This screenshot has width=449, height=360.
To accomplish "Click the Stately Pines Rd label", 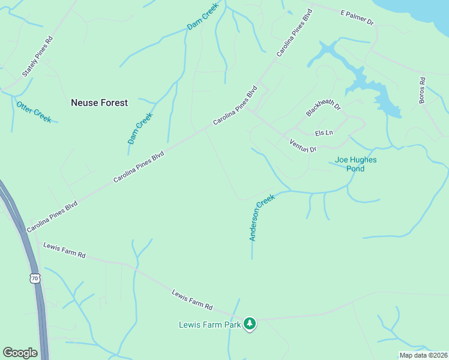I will coord(37,56).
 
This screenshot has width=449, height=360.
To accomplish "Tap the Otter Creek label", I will coord(34,112).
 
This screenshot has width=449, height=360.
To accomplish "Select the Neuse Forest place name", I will coord(99,103).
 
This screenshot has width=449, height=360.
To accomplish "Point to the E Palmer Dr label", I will coord(357,17).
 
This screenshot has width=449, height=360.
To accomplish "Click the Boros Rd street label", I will coord(422,91).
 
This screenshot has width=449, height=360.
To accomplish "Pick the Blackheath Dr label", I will coord(323,107).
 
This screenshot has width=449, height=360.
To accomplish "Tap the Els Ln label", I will coord(324,133).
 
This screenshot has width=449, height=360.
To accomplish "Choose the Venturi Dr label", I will coord(303,145).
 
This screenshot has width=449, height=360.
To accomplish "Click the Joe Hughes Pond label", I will coord(355,164).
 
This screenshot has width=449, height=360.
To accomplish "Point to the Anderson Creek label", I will coord(262,217).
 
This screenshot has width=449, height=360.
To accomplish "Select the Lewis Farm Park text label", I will coord(209,325).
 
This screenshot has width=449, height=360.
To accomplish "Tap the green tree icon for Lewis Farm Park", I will coord(250,324).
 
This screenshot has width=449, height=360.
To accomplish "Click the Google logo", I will coord(20,353).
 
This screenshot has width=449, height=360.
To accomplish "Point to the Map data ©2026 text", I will coord(423,355).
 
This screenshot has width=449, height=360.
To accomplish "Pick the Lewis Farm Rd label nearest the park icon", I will coord(192,299).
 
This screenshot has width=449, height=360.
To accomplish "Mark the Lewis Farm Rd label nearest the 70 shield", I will coord(64,250).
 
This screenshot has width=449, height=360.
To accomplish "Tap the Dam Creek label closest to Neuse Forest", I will coord(140,128).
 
